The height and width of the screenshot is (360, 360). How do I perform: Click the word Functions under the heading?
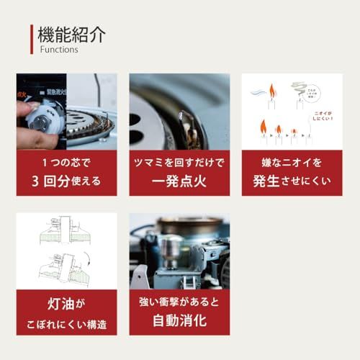59,50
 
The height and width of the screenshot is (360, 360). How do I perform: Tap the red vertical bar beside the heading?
32,40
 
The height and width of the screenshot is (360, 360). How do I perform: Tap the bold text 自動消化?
179,319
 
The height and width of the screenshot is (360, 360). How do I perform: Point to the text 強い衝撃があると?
179,300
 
